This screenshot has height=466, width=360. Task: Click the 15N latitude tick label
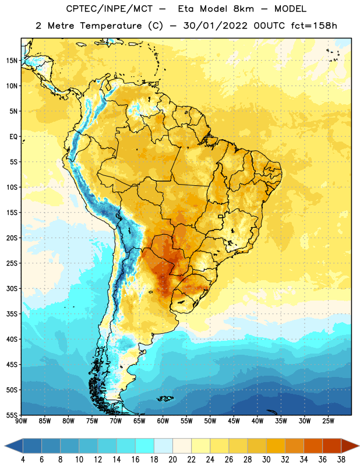[x=12, y=61]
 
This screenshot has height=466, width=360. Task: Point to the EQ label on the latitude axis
[x=13, y=137]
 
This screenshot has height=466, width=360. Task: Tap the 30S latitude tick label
[x=12, y=288]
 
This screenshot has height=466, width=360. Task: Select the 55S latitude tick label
[x=12, y=415]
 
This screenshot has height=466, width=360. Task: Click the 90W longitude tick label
[x=22, y=421]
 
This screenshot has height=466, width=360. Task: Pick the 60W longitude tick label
[x=163, y=421]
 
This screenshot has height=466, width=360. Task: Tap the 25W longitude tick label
[x=328, y=421]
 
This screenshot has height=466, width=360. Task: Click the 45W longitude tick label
[x=234, y=421]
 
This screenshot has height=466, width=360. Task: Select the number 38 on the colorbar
[x=341, y=460]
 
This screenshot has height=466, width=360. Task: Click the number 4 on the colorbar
[x=23, y=460]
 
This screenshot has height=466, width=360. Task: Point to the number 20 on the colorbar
[x=172, y=460]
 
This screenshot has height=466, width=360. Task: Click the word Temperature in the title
[x=111, y=26]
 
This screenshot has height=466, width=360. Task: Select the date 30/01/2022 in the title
[x=215, y=26]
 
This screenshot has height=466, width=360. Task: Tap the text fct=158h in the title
[x=314, y=26]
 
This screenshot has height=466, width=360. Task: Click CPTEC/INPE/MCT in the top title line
[x=109, y=9]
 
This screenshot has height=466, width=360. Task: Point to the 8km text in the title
[x=244, y=9]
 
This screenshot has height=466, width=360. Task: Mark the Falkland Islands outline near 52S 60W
[x=165, y=398]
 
